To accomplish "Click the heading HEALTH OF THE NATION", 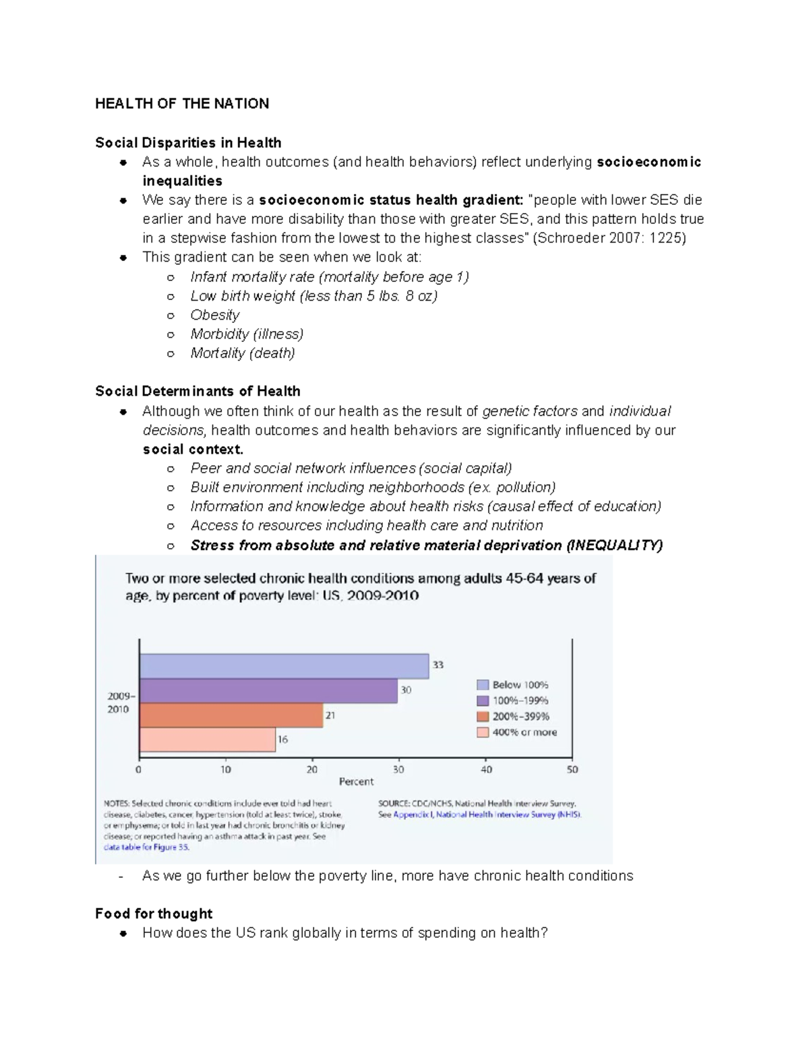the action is coord(182,104).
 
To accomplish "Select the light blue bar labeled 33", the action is coord(284,666).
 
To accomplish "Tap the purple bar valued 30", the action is coord(268,691).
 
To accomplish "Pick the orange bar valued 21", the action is coord(231,716).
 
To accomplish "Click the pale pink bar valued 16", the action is coord(208,740).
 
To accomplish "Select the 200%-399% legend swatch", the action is coord(483,717).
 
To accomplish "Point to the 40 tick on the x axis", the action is coord(486,769).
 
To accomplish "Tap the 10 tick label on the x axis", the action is coord(226,769).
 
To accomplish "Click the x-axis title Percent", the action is coord(356,782).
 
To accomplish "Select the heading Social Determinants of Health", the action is coord(198,392).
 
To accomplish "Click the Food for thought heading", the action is coord(154,914).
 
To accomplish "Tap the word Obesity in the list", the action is coord(215,315).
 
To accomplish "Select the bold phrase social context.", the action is coord(193,450).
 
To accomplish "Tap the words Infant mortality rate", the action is coord(252,277).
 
